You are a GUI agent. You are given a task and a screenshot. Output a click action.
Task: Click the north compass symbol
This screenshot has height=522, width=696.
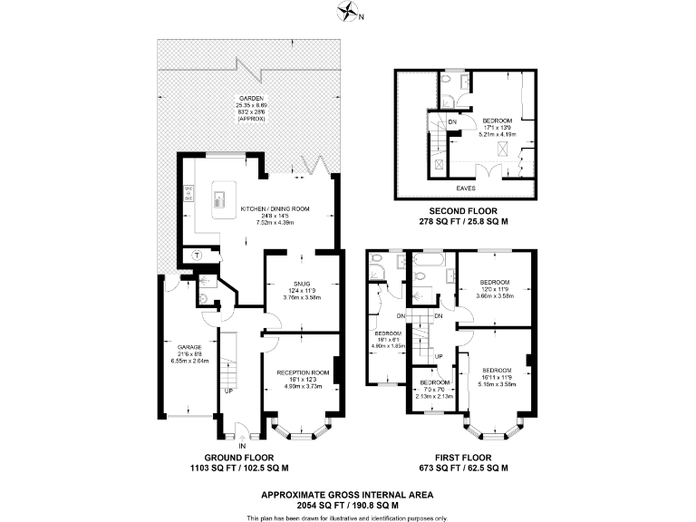(347, 12)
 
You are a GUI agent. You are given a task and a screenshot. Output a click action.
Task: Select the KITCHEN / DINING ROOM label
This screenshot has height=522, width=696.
(275, 208)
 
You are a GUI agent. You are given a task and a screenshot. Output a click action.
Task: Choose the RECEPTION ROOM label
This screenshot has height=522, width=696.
(303, 372)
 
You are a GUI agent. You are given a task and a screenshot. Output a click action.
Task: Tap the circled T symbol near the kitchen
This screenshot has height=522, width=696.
(197, 256)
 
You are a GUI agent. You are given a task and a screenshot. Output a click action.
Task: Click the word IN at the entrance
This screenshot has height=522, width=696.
(242, 446)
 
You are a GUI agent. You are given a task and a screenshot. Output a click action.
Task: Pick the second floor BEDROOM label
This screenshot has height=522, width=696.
(497, 121)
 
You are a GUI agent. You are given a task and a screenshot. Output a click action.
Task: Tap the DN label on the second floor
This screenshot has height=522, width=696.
(452, 121)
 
